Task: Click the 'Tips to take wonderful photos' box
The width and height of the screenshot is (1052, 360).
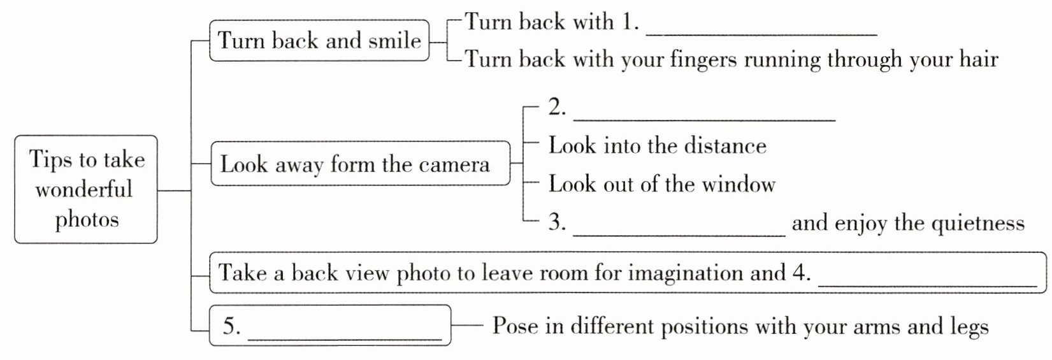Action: point(86,189)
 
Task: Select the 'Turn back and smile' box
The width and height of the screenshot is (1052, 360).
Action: point(319,41)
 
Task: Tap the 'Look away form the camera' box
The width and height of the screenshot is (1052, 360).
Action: point(360,164)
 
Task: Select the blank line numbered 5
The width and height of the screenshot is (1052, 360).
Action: point(344,336)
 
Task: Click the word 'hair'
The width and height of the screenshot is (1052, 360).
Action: point(978,59)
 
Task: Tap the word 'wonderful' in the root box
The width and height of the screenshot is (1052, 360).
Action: point(84,189)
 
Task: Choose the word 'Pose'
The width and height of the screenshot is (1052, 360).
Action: point(514,326)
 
